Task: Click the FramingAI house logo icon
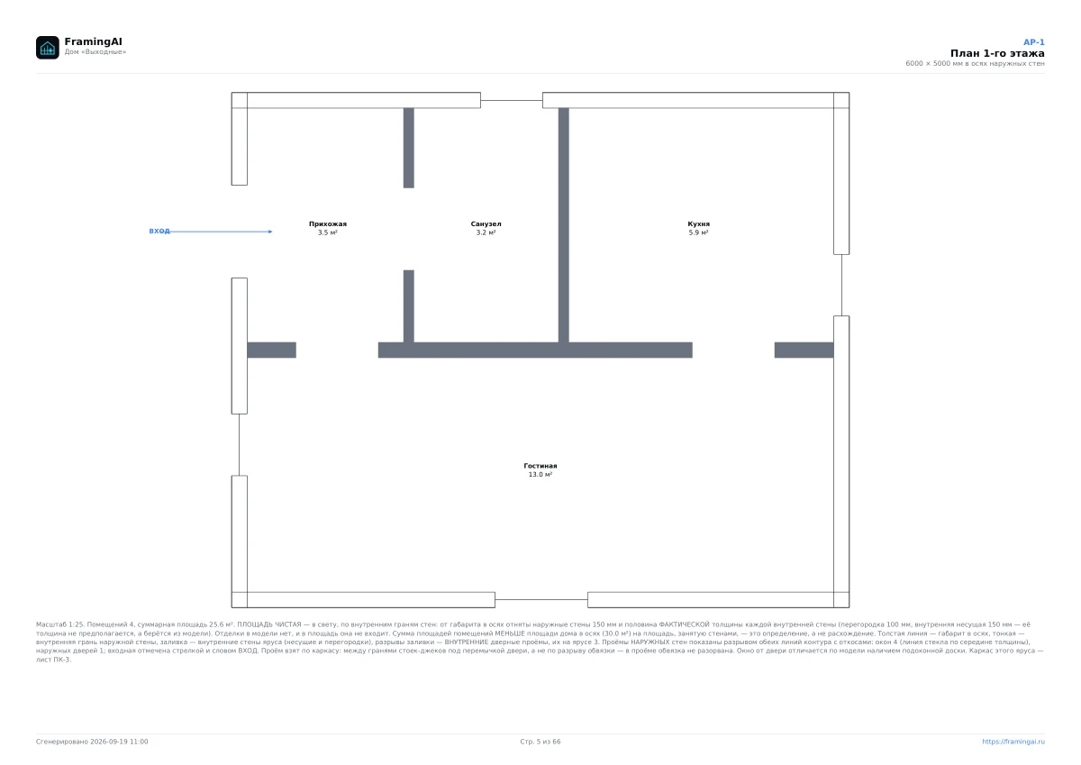tap(47, 47)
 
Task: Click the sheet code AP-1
tap(1034, 42)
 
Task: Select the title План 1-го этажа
tap(997, 53)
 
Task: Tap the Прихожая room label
tap(328, 224)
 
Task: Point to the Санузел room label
tap(486, 224)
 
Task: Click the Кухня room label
tap(698, 224)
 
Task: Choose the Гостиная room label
tap(540, 466)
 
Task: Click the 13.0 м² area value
tap(540, 475)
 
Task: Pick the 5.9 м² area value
tap(698, 232)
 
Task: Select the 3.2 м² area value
tap(486, 232)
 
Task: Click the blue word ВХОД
tap(159, 232)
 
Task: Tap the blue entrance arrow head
tap(270, 232)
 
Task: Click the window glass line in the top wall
tap(512, 100)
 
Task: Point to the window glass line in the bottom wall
tap(541, 600)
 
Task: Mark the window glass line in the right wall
tap(841, 286)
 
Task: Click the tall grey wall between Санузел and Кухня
tap(564, 225)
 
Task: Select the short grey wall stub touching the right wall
tap(804, 350)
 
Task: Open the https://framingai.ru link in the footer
tap(1013, 742)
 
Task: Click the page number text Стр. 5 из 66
tap(540, 742)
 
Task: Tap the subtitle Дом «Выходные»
tap(95, 52)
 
